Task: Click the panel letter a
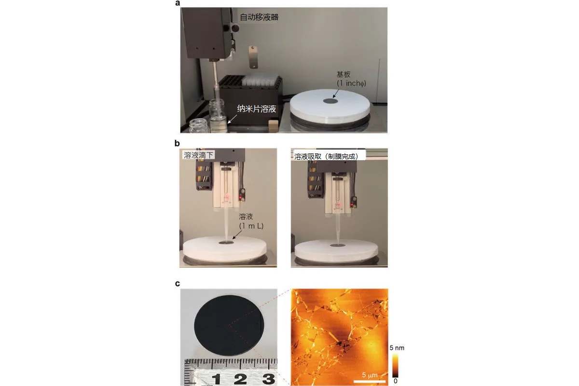click(x=178, y=3)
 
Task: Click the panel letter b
click(x=177, y=143)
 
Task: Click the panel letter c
click(x=178, y=284)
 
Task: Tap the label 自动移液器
click(x=259, y=17)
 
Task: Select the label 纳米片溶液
click(x=257, y=109)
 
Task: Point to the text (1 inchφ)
click(x=351, y=83)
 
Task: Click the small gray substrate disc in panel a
click(x=331, y=101)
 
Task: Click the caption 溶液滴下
click(x=198, y=155)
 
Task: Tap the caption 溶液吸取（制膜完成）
click(x=327, y=157)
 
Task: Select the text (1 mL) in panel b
click(x=251, y=226)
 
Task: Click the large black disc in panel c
click(x=229, y=326)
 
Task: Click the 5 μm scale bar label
click(x=370, y=375)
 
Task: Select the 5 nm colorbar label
click(x=397, y=348)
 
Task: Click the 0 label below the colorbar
click(x=396, y=381)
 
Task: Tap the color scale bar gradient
click(x=395, y=366)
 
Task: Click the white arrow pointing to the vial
click(x=232, y=119)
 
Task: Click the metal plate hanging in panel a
click(x=253, y=57)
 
